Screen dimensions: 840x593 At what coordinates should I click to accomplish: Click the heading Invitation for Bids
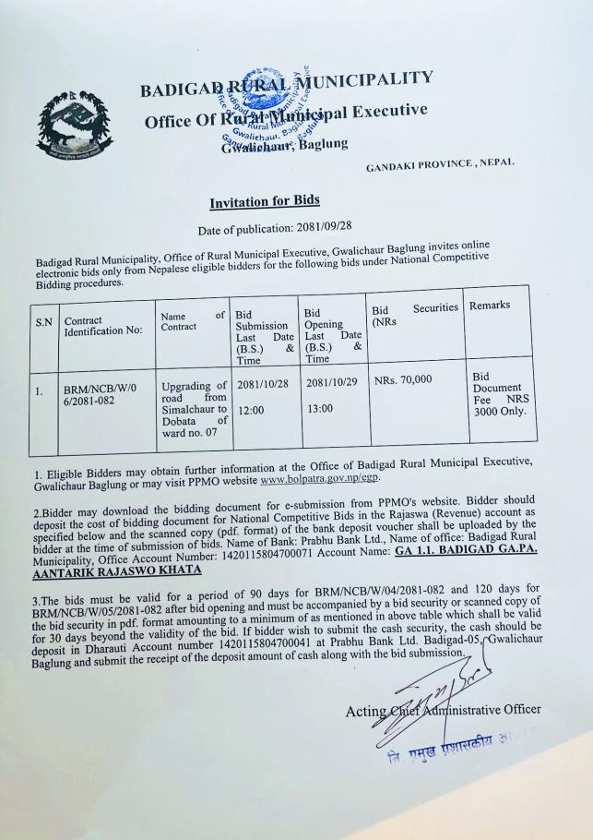264,201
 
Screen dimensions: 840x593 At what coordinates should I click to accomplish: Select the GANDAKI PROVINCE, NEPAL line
440,164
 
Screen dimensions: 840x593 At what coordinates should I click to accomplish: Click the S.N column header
43,322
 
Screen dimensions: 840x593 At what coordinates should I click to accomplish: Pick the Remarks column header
490,305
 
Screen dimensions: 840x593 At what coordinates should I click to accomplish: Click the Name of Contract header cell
192,321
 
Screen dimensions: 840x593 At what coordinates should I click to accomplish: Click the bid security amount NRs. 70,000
403,379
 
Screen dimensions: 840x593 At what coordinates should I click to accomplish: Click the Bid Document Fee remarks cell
498,394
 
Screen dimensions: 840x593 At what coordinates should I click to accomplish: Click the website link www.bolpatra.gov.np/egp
319,478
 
